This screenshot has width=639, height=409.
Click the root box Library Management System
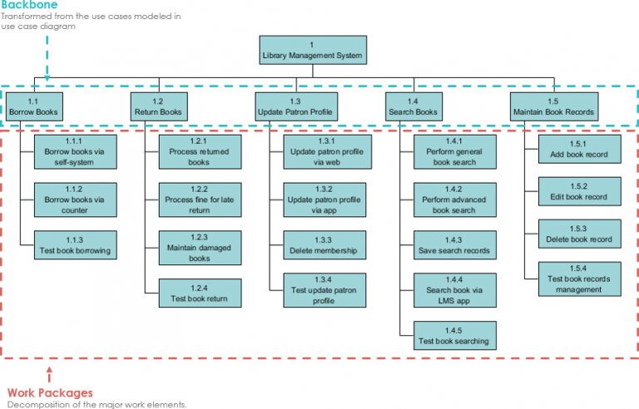[311, 50]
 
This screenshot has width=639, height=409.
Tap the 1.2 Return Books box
[158, 106]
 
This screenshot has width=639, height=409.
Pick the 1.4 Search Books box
[413, 106]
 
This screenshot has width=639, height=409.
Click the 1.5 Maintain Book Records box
[553, 106]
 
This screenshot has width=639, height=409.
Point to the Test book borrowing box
[75, 244]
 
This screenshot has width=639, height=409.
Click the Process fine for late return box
[199, 199]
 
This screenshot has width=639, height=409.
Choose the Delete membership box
[323, 244]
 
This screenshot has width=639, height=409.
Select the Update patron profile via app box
[323, 199]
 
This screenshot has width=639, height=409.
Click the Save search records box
[454, 244]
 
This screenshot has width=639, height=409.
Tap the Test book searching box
[454, 335]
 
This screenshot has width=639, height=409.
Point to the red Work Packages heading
[50, 392]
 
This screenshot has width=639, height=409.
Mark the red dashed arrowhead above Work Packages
[49, 369]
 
